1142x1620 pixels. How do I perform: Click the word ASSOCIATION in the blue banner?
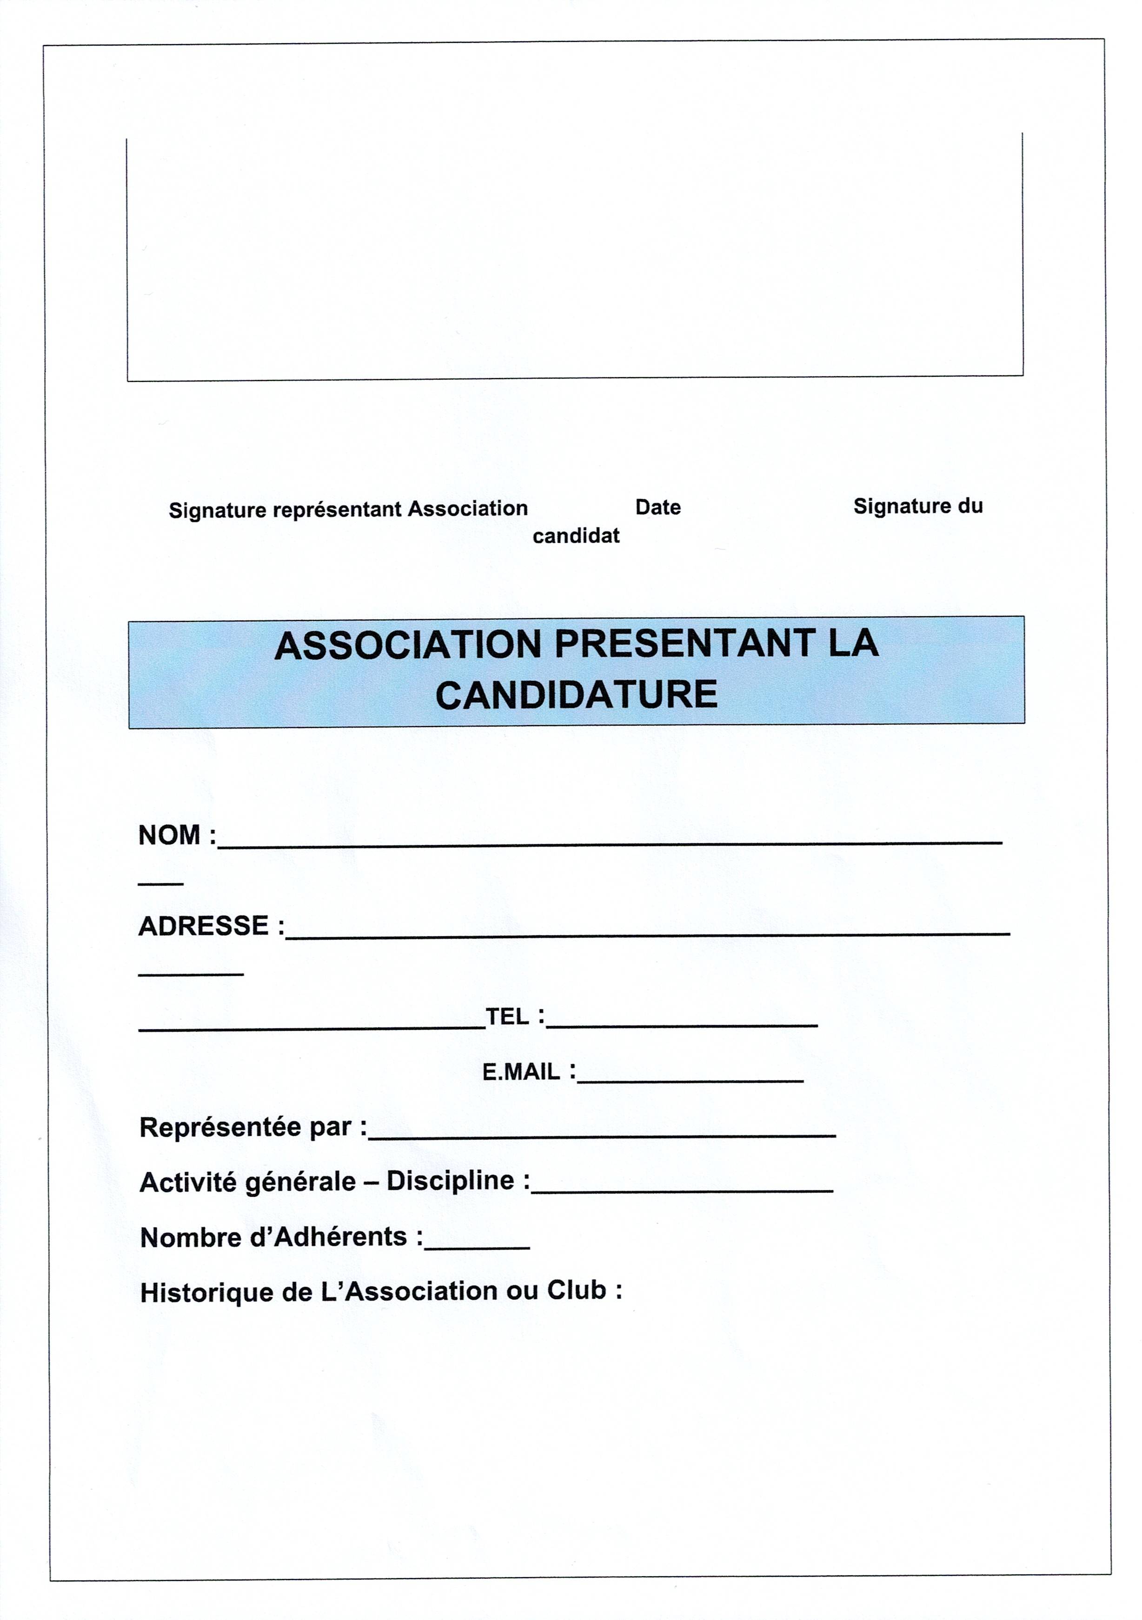click(408, 646)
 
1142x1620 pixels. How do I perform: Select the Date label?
click(657, 507)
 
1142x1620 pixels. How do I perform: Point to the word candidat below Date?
click(576, 536)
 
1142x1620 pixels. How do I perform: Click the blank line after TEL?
click(681, 1023)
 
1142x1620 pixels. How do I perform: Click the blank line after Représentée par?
click(602, 1134)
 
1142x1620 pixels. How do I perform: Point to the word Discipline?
click(450, 1180)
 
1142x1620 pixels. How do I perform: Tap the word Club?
click(576, 1290)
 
